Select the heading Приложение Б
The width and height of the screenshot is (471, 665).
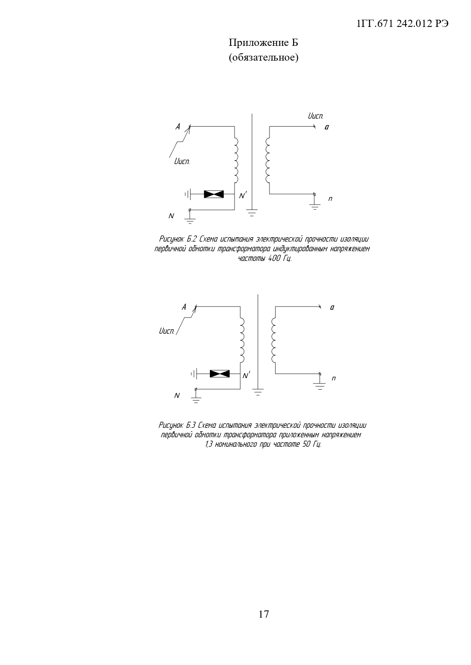click(263, 43)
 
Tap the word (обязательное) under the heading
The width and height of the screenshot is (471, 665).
click(263, 58)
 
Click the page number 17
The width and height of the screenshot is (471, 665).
click(263, 614)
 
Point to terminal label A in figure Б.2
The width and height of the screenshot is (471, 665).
click(178, 127)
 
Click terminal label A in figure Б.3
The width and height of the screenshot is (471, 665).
click(184, 307)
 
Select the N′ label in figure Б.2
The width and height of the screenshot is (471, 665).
click(243, 196)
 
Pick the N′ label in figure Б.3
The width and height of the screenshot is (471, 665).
click(246, 376)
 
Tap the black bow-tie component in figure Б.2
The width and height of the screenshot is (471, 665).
click(214, 194)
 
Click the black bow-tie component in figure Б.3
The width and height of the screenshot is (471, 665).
click(220, 374)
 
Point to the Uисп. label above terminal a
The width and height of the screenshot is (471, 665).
click(315, 116)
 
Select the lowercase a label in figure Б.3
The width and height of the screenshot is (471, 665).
click(332, 307)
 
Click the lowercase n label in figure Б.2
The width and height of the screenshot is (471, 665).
click(330, 199)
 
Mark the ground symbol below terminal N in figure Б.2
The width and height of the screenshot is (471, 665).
click(190, 220)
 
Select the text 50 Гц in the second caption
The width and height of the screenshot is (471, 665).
click(312, 444)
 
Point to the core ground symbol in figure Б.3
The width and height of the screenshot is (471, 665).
click(258, 391)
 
